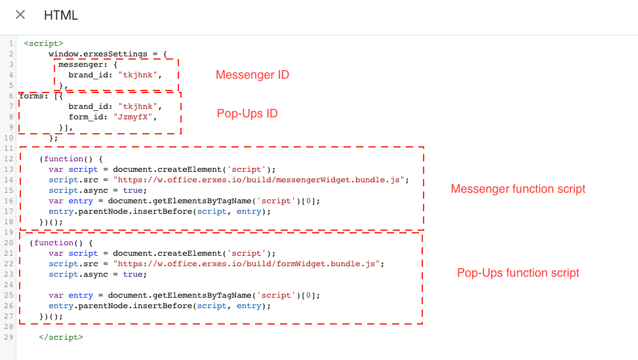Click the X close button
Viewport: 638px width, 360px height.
[x=20, y=15]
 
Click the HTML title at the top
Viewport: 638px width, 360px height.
[x=61, y=15]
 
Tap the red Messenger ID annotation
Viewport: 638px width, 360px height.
[x=252, y=75]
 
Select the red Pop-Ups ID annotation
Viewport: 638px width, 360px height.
[x=247, y=113]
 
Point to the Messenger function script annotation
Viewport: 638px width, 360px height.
[x=518, y=189]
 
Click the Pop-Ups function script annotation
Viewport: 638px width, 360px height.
[x=518, y=273]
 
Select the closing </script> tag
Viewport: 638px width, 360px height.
[x=61, y=337]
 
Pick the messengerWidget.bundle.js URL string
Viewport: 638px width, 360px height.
[x=261, y=180]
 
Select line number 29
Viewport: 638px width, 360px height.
[x=10, y=337]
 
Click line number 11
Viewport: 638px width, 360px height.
[x=10, y=148]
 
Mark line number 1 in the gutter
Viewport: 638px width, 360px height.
[x=12, y=44]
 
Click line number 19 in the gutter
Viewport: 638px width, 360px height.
[x=10, y=232]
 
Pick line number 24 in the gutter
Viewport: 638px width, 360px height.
[x=10, y=285]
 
